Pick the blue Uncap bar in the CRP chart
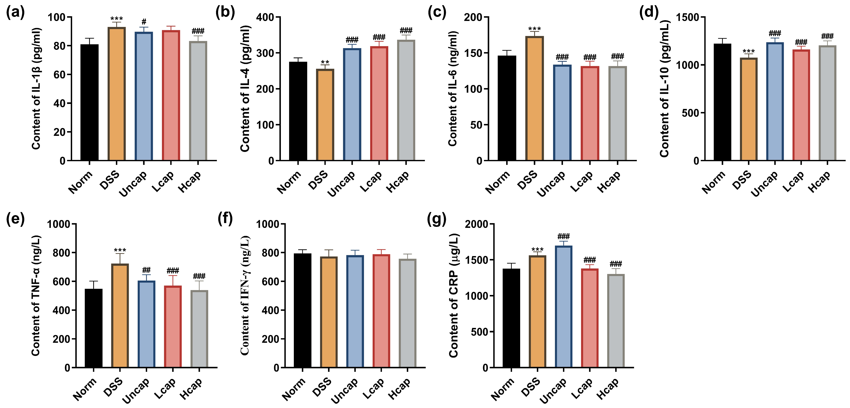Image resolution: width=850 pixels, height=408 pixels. tap(564, 307)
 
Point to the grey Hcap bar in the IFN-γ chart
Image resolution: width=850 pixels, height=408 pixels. tap(408, 313)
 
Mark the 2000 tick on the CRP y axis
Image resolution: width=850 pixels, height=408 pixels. tap(476, 224)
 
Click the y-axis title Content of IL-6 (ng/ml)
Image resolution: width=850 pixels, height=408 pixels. tap(453, 89)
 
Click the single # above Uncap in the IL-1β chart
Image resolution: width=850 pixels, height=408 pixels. tap(144, 22)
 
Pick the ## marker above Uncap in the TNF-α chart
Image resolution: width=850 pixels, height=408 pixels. tap(146, 270)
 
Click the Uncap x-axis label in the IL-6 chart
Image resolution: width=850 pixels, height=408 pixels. tap(551, 184)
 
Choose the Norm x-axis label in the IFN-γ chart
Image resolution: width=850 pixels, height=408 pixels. tap(293, 389)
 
